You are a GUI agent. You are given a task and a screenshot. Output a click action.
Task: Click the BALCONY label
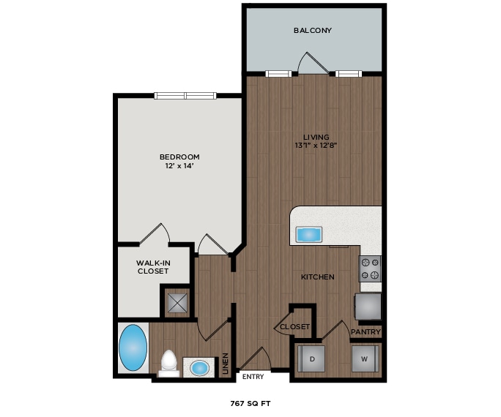pos(313,31)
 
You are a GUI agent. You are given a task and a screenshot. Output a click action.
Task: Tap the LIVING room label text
pos(316,137)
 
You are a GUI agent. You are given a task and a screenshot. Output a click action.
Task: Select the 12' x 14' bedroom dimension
pos(179,166)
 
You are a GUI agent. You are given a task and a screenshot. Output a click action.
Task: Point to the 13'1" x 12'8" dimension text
pos(316,146)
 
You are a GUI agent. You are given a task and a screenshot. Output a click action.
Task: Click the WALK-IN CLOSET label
pos(153,267)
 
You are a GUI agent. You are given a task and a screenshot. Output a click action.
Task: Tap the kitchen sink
pos(308,234)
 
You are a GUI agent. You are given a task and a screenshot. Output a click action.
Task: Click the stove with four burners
pos(369,268)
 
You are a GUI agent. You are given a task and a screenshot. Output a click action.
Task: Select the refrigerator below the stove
pos(368,306)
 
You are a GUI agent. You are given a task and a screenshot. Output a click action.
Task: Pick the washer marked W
pos(364,359)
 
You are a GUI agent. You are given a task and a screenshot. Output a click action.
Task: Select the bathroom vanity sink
pos(198,367)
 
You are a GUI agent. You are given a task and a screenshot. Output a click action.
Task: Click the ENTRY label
pos(253,377)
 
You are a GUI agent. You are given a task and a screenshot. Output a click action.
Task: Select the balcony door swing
pos(308,64)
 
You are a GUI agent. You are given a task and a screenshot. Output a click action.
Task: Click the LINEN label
pos(226,364)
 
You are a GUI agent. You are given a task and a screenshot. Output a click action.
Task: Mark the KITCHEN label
pos(318,277)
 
